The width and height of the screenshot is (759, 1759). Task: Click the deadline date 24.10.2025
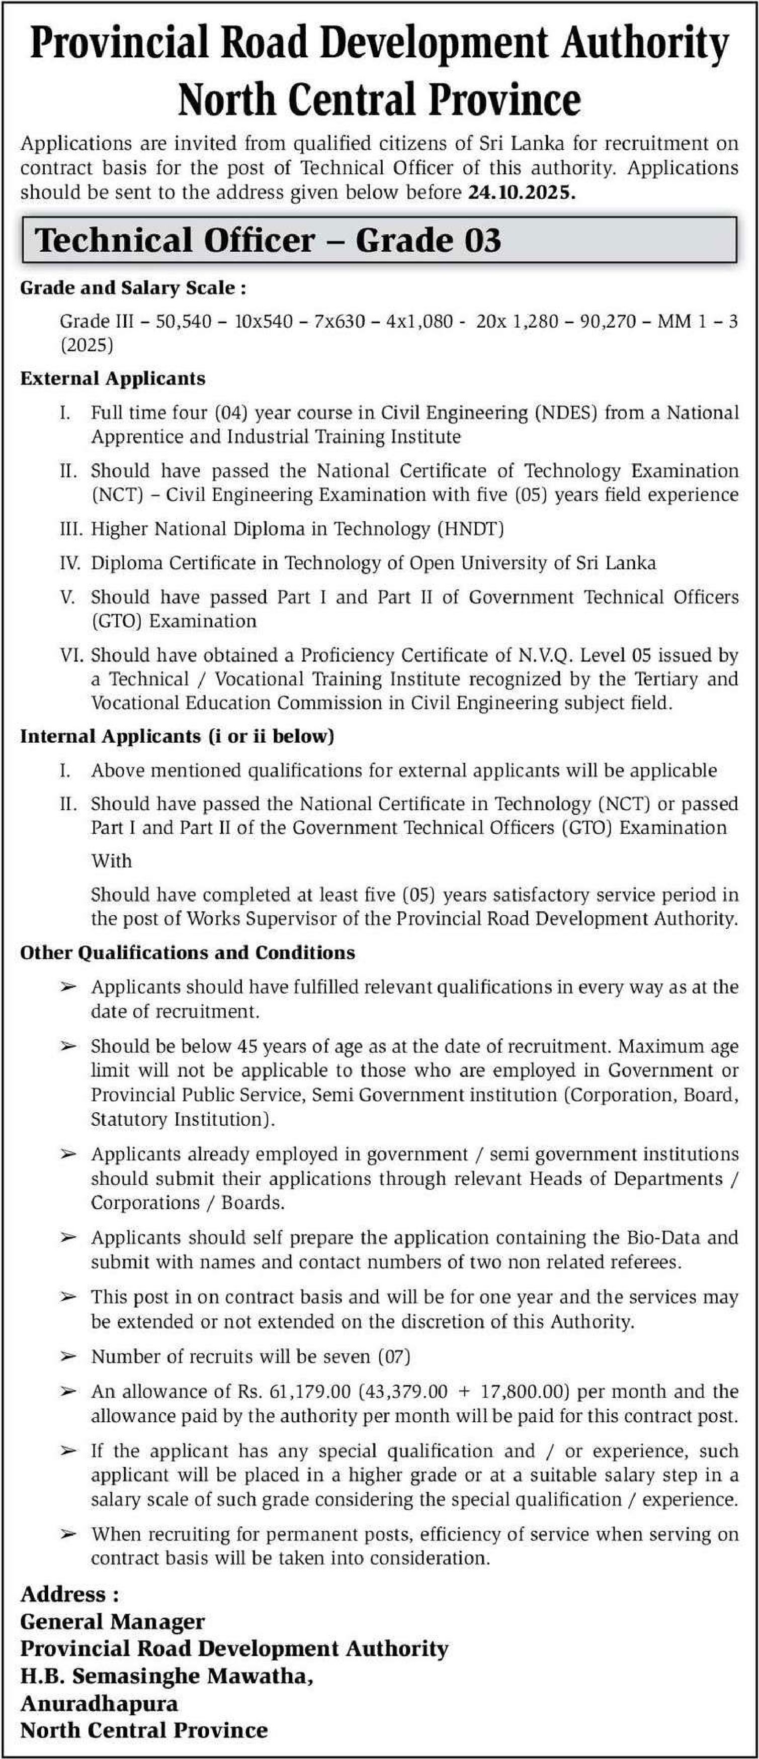(x=521, y=192)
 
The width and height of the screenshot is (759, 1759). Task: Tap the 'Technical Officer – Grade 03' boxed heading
(x=268, y=240)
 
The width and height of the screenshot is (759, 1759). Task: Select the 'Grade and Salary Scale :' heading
(x=133, y=288)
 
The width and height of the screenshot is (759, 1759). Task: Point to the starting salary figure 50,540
(x=183, y=321)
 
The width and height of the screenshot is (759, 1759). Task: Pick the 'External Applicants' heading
(x=113, y=378)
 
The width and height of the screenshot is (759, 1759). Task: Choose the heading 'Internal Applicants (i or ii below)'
(x=177, y=736)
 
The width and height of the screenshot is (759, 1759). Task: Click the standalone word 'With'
(x=111, y=861)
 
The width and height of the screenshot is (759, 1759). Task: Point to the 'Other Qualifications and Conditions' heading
(x=188, y=952)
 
